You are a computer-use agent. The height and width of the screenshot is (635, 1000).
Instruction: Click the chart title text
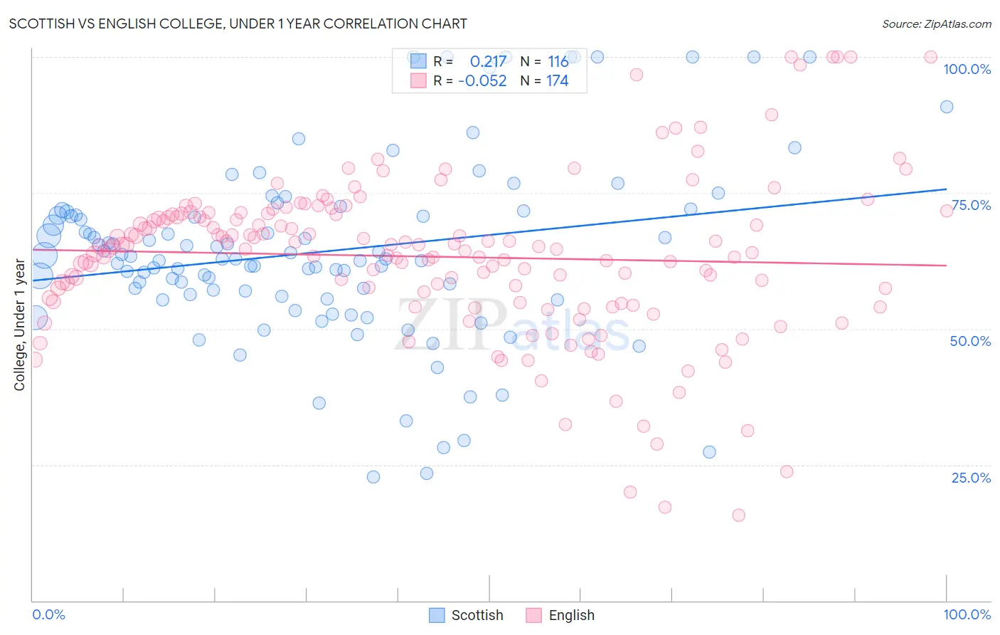238,23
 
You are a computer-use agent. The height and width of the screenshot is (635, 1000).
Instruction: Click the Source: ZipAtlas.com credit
936,23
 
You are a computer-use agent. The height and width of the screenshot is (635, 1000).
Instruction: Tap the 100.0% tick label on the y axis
967,69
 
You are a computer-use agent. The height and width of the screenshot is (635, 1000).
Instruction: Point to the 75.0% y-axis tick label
971,205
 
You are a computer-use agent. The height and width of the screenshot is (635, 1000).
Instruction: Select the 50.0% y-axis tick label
970,341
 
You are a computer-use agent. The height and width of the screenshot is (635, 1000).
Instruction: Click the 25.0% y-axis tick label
971,478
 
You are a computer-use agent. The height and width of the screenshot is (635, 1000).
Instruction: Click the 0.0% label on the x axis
48,614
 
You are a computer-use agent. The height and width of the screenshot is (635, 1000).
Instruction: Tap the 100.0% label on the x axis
967,614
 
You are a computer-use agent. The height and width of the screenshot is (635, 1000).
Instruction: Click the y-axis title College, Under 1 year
20,325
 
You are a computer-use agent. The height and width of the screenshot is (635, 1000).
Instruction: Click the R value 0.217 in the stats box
488,62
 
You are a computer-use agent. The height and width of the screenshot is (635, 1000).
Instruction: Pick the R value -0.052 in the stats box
482,81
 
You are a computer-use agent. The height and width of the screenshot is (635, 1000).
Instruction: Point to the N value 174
557,81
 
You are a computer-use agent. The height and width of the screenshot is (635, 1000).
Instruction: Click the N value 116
558,62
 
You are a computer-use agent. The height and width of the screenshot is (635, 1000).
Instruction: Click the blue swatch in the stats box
418,61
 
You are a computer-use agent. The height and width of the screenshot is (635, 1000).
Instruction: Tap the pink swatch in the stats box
418,80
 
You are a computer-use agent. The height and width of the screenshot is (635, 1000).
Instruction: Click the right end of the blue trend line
947,189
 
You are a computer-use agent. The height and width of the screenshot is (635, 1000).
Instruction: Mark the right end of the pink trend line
947,266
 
